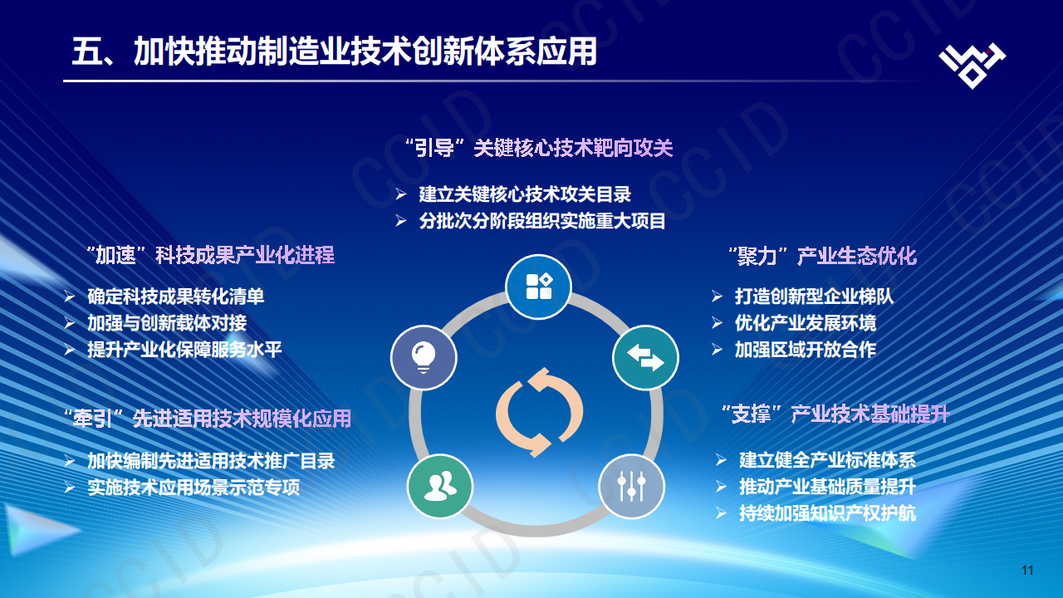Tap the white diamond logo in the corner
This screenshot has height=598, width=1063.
[x=972, y=63]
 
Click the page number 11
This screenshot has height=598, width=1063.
[x=1027, y=570]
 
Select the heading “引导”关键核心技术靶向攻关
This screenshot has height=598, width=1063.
[x=538, y=149]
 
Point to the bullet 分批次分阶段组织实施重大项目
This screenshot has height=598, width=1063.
[x=542, y=221]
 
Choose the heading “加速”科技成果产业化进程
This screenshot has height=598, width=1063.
[x=210, y=255]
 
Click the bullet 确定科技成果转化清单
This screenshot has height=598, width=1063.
[x=176, y=296]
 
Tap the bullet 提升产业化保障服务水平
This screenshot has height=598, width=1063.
[x=184, y=349]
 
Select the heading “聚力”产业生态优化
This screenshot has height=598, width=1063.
[x=821, y=256]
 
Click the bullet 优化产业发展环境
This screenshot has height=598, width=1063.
[x=805, y=322]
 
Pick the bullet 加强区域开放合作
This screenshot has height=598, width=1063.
[x=805, y=349]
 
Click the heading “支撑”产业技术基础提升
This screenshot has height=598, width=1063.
[x=835, y=414]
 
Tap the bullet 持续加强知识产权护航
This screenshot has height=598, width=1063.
[x=827, y=513]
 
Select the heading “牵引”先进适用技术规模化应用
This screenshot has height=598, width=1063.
[x=208, y=418]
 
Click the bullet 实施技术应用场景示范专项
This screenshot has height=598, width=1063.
[x=193, y=487]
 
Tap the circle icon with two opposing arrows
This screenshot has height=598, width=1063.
[x=645, y=358]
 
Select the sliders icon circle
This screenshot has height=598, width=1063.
[x=632, y=487]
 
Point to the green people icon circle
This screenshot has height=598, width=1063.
[x=439, y=487]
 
